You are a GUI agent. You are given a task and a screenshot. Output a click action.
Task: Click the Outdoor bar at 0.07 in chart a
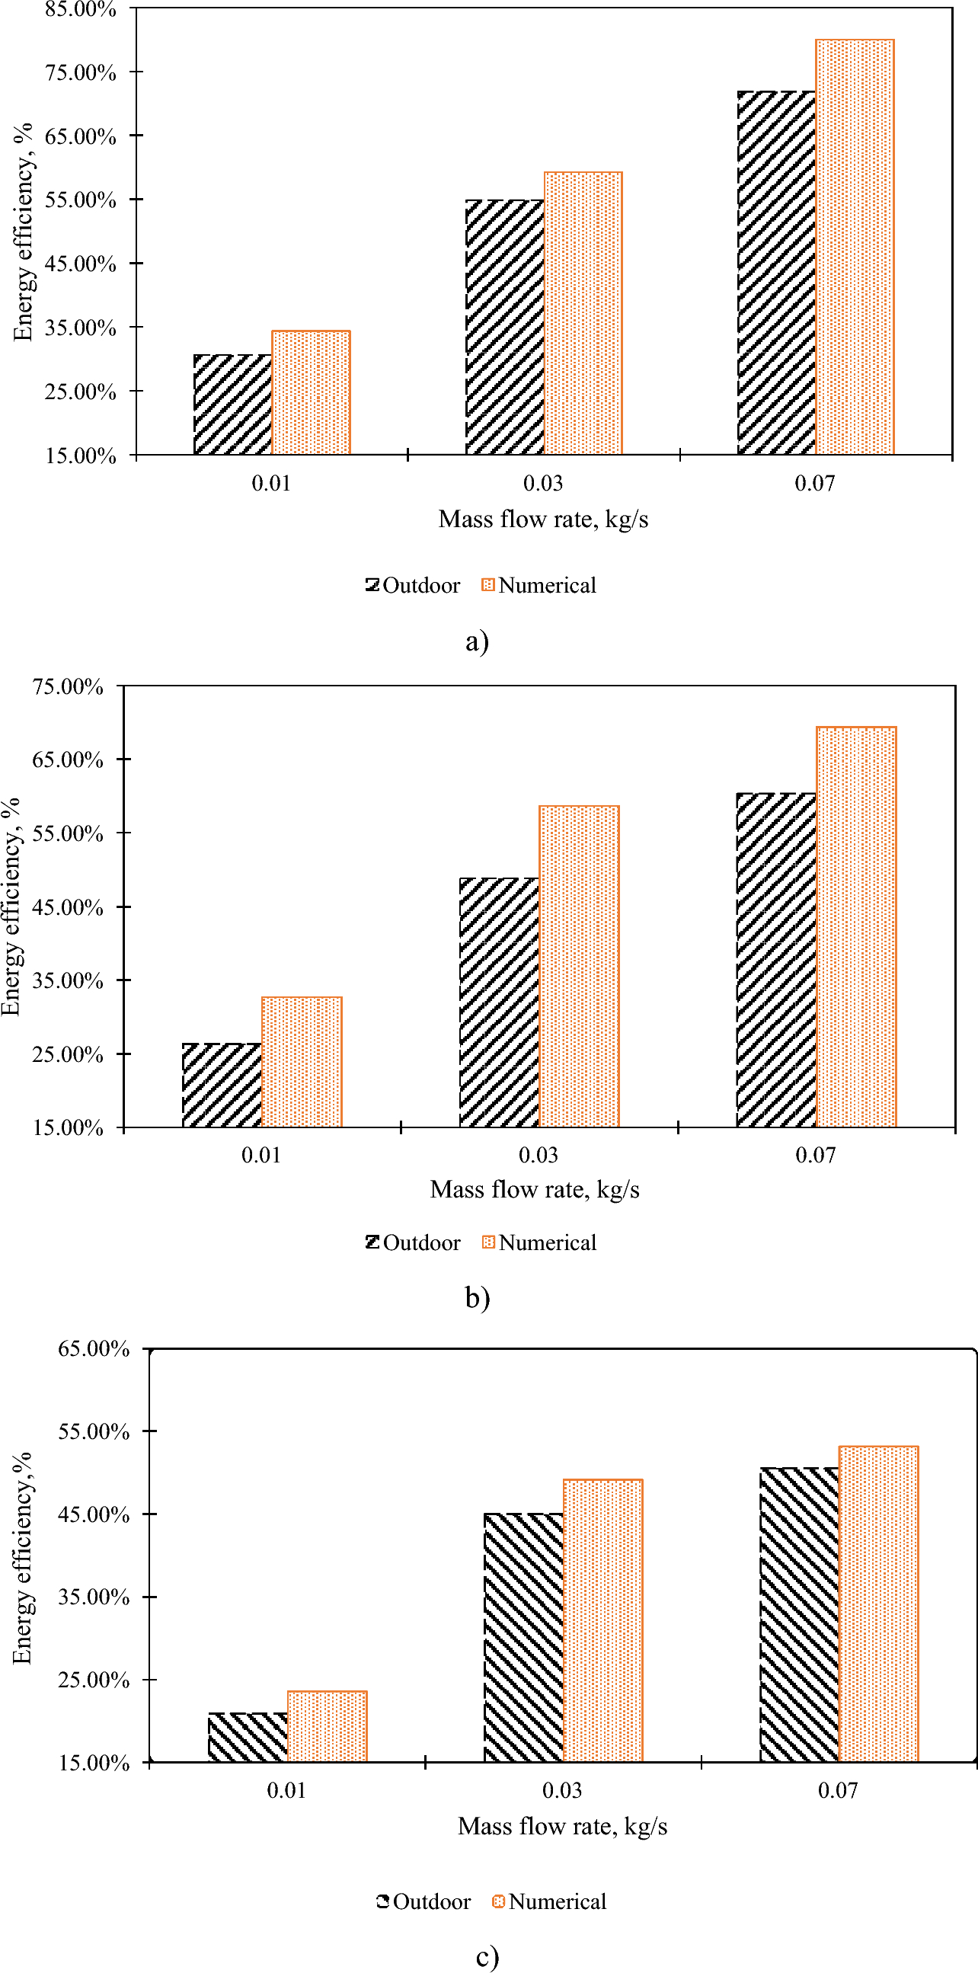[776, 273]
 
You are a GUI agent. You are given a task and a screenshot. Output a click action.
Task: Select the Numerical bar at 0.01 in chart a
[311, 393]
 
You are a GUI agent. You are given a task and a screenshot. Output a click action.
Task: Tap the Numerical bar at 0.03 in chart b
[579, 966]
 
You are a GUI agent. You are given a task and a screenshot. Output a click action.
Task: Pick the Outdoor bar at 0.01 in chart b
[222, 1085]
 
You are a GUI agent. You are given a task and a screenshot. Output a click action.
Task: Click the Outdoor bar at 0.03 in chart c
[524, 1638]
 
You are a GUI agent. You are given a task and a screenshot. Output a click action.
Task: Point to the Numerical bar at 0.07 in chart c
[878, 1604]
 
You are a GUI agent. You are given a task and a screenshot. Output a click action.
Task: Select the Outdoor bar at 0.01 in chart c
[248, 1736]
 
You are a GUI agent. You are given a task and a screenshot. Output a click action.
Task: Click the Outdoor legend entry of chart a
[414, 586]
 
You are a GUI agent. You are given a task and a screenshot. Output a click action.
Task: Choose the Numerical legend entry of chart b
[540, 1242]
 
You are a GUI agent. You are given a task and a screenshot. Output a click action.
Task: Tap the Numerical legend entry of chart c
[550, 1901]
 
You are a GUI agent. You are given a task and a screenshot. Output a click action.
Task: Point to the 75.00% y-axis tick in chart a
[81, 73]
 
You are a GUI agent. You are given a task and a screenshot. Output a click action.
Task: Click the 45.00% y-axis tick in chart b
[67, 907]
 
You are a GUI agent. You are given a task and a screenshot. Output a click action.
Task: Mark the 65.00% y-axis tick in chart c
[94, 1348]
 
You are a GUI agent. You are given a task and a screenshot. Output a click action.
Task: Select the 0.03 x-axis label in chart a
[543, 483]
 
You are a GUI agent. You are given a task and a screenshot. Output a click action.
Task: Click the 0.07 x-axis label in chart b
[815, 1155]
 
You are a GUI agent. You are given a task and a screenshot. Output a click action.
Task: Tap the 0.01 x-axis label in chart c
[286, 1790]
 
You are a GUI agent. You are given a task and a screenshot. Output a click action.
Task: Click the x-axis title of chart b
[535, 1189]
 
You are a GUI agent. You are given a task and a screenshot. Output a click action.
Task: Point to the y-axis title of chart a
[24, 232]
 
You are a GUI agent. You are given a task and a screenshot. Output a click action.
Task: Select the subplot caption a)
[477, 641]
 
